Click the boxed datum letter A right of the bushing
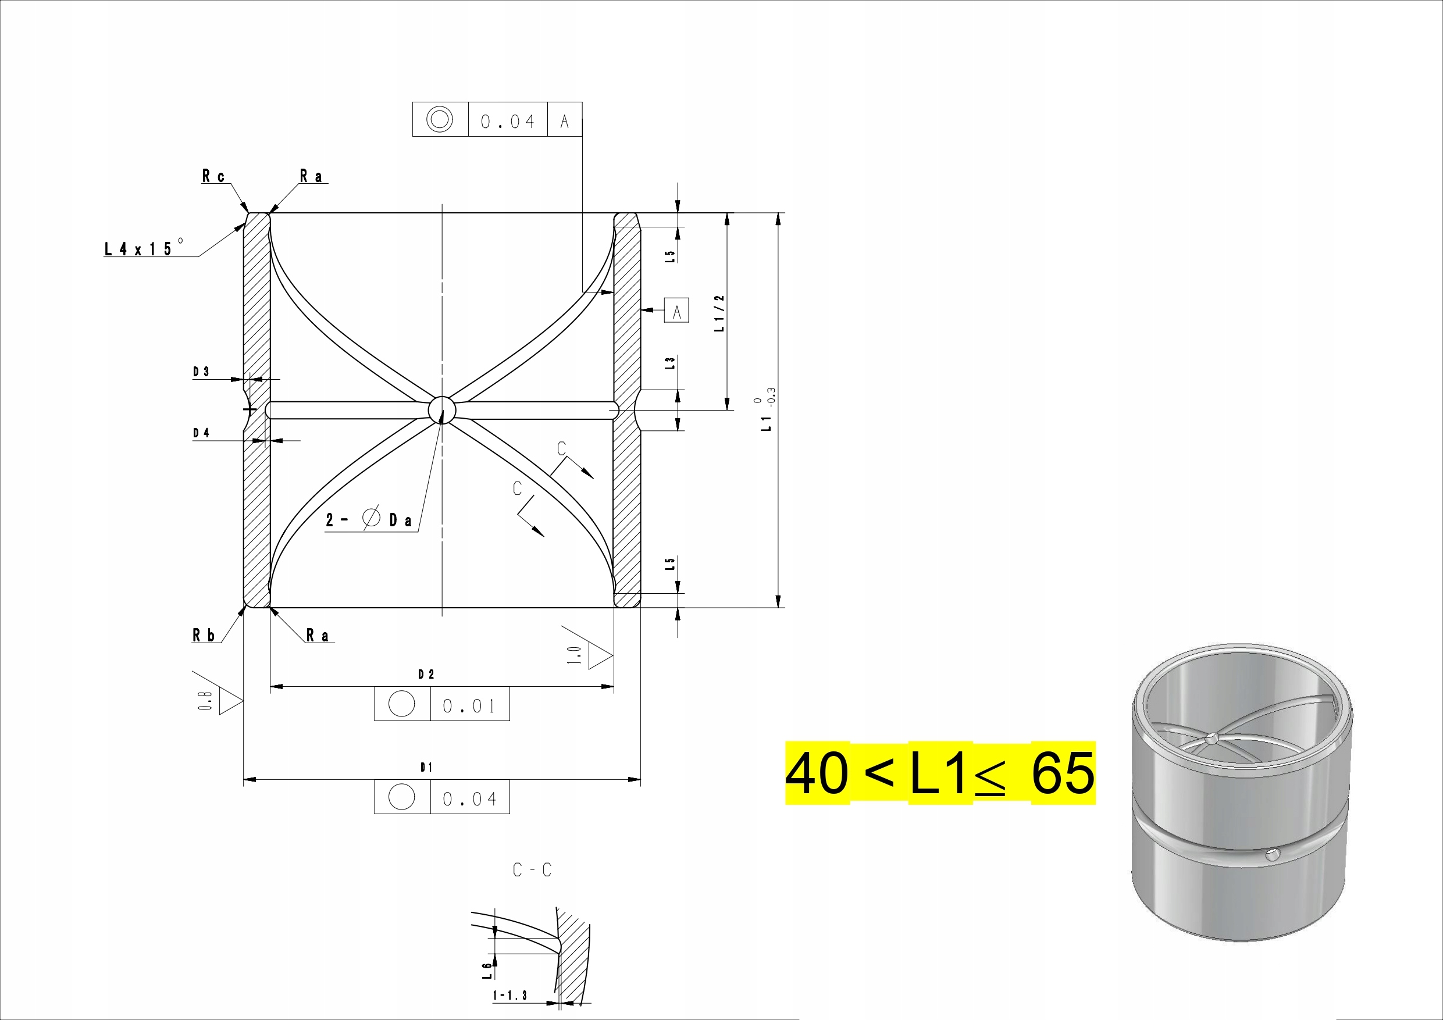(x=676, y=311)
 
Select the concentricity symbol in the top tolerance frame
(x=439, y=119)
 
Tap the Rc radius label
(x=213, y=176)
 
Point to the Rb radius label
(x=204, y=636)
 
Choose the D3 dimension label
(x=201, y=372)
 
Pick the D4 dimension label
(x=201, y=433)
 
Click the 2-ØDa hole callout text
(x=369, y=519)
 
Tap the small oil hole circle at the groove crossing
(x=442, y=410)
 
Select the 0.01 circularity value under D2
(x=469, y=706)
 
